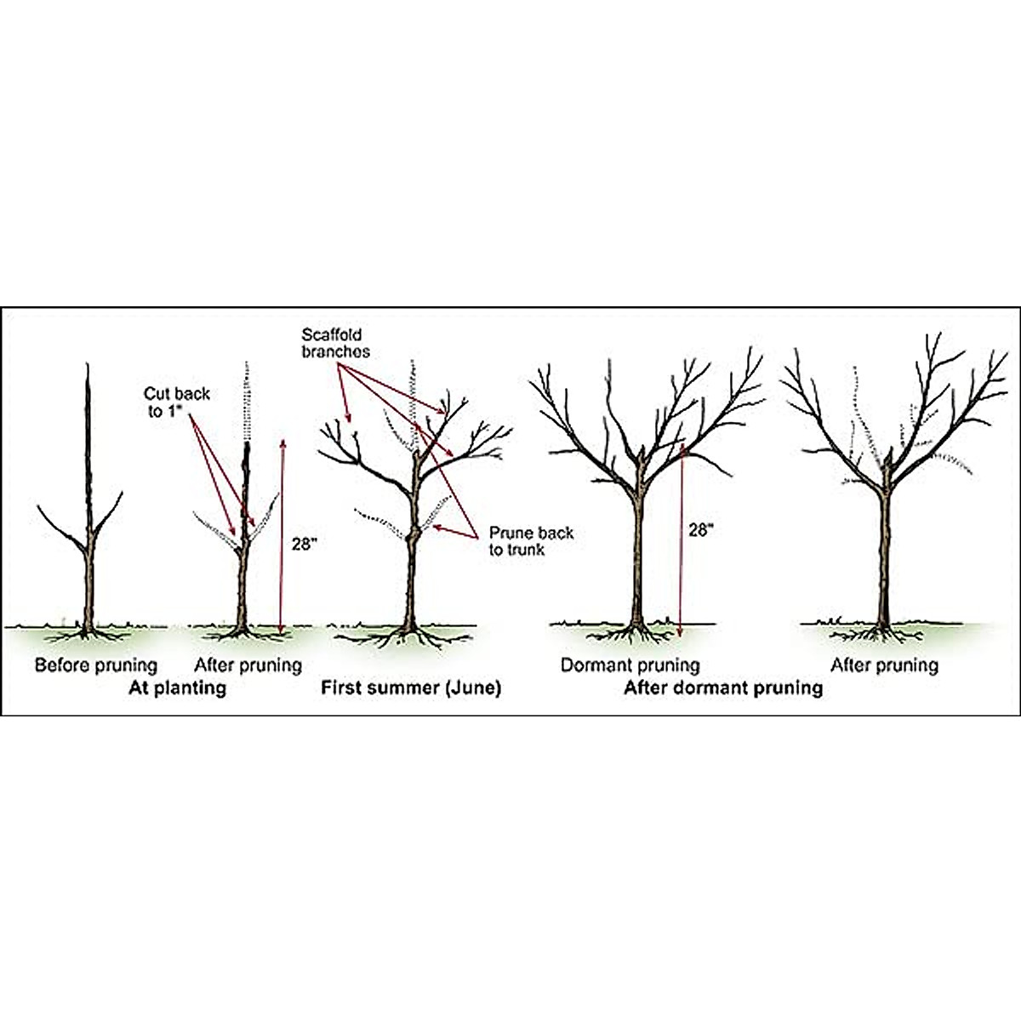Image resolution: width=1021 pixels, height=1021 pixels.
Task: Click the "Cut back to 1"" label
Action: pos(177,402)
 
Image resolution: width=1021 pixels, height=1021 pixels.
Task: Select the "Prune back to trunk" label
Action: pos(531,541)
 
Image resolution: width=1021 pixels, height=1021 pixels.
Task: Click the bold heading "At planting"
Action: pos(177,687)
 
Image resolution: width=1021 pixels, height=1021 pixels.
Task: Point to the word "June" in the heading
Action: pos(470,687)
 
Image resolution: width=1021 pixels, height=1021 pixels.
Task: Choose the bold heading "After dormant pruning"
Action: pos(723,687)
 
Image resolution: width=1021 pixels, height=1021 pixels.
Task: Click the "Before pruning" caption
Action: pos(96,665)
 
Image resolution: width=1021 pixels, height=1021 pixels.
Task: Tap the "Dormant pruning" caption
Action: pos(630,665)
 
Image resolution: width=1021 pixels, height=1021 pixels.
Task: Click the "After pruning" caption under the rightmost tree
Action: pos(884,665)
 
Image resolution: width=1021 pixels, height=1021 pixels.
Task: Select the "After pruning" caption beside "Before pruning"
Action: pos(248,665)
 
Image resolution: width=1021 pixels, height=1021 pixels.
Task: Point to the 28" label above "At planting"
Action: pos(303,545)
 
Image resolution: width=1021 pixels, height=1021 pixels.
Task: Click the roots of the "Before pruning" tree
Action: pos(85,634)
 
